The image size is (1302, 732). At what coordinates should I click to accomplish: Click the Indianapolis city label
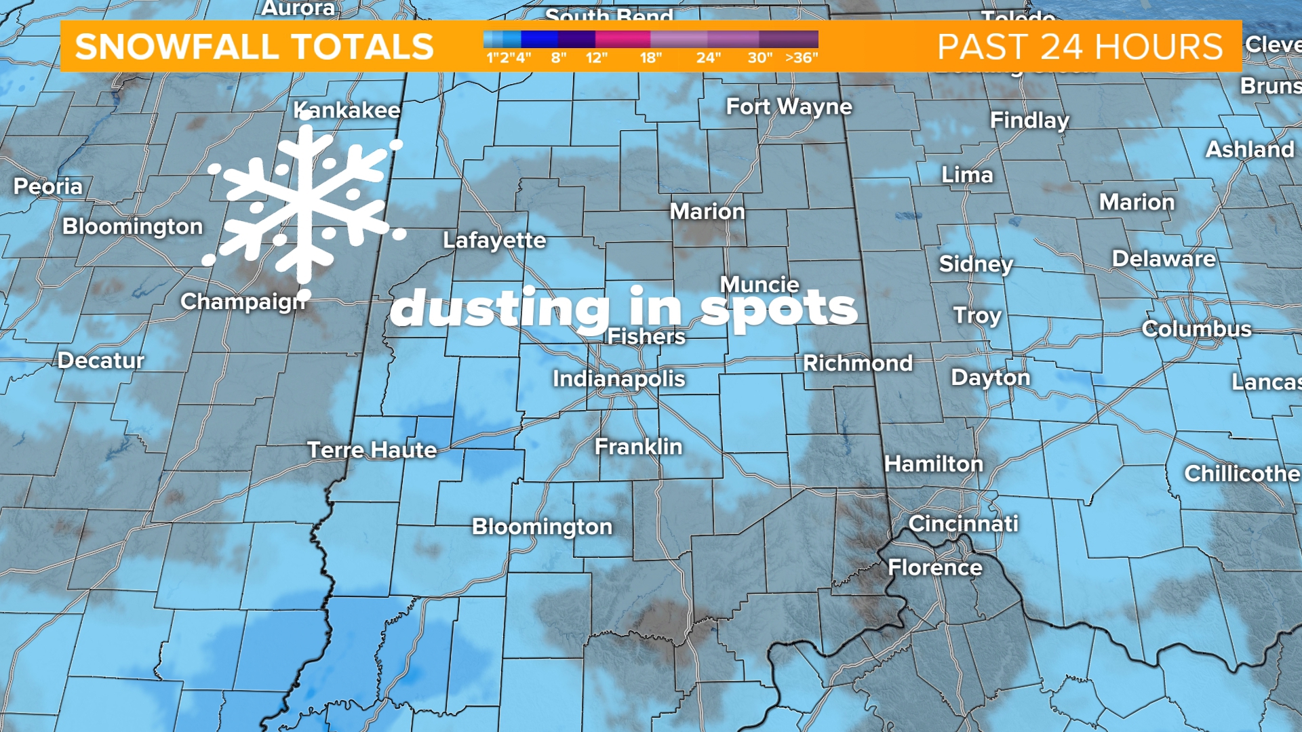coord(618,378)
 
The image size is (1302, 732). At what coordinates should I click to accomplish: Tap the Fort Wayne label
coord(789,106)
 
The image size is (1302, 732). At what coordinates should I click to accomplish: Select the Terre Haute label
coord(372,449)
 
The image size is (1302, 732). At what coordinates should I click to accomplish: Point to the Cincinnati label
coord(963,523)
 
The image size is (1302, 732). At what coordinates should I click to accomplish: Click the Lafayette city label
coord(494,240)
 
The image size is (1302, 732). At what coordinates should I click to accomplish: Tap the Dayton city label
coord(990,377)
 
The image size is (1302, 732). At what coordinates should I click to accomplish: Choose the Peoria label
coord(48,186)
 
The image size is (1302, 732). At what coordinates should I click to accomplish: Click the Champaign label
coord(243,302)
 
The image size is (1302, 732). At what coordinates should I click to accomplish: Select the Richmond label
coord(858,363)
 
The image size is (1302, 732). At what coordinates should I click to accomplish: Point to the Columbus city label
coord(1196,329)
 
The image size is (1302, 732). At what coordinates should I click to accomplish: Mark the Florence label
coord(934,567)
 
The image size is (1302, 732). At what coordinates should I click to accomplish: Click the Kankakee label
coord(347,110)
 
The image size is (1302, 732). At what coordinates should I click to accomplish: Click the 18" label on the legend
coord(650,58)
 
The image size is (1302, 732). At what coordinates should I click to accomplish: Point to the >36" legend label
coord(802,58)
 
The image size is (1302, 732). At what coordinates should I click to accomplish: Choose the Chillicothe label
coord(1241,473)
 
